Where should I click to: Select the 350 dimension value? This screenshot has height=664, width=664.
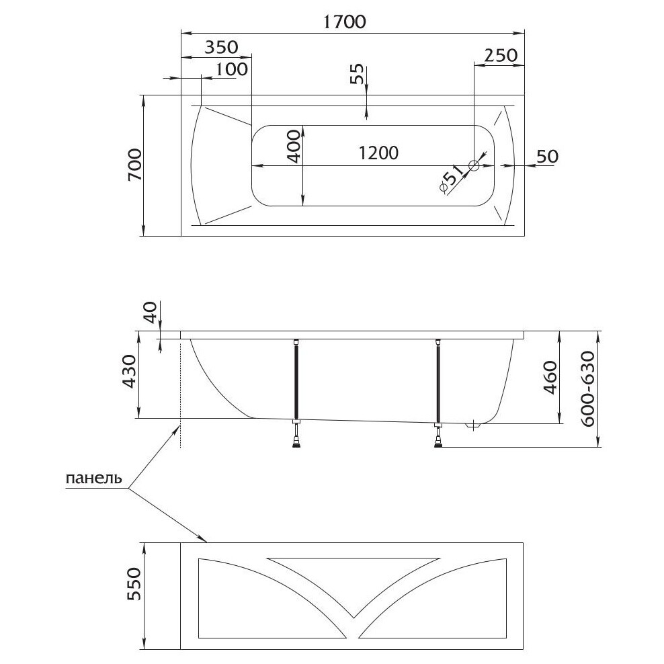pos(221,47)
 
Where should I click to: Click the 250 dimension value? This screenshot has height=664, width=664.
pos(500,54)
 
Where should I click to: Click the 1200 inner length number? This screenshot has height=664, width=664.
pos(378,153)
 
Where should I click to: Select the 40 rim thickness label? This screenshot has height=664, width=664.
pos(151,313)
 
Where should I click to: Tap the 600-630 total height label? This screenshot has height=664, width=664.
pos(587,388)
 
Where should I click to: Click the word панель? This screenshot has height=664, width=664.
pos(93,479)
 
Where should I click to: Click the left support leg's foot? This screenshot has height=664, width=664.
pos(296,441)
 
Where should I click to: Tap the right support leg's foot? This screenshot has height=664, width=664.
pos(438,441)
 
